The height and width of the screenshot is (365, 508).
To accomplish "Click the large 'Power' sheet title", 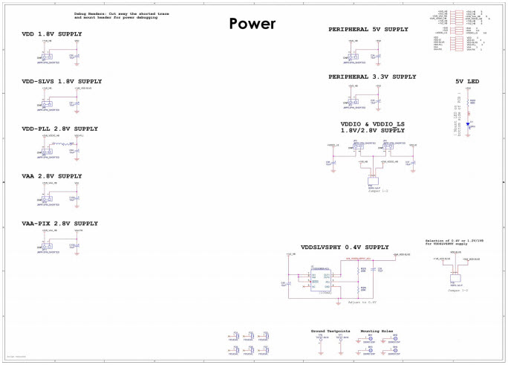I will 252,24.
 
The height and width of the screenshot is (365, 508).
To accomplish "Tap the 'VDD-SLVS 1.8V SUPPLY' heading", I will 62,81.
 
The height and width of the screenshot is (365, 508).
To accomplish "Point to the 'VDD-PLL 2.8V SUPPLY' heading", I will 60,129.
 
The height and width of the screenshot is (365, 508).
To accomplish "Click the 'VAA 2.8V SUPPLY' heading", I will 52,176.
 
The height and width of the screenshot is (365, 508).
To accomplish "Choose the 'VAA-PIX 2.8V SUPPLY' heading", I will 59,223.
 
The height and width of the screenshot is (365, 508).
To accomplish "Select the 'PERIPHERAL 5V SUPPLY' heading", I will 368,29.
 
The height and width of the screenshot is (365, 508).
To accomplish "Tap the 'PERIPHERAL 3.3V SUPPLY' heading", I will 373,77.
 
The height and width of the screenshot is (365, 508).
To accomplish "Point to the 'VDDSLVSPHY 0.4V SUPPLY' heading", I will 345,247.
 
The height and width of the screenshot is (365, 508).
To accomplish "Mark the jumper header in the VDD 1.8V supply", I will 46,57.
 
